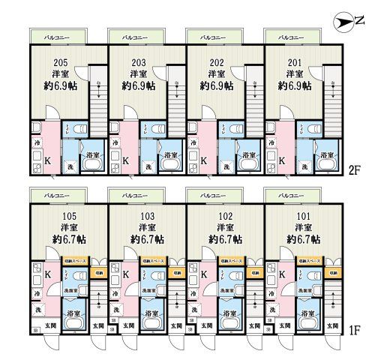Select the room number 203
coord(137,61)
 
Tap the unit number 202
coord(215,61)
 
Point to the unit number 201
coord(294,61)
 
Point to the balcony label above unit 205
coord(58,37)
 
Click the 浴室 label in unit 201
coord(326,155)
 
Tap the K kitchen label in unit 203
coord(125,160)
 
